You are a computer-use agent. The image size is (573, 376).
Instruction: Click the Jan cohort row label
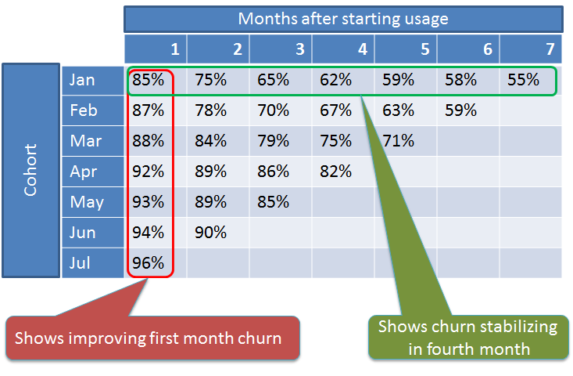(82, 80)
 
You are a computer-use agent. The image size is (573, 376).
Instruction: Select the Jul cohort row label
(80, 263)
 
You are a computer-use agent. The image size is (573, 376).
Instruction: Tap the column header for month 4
(362, 49)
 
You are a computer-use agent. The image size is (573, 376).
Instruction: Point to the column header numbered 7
(550, 49)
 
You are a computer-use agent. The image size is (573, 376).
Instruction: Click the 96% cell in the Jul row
(148, 263)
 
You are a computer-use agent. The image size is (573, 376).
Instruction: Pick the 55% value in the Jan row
(523, 80)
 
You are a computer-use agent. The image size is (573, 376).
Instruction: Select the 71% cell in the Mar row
(398, 140)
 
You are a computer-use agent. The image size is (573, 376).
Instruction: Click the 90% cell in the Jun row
(210, 233)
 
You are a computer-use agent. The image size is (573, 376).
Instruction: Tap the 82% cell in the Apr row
(335, 172)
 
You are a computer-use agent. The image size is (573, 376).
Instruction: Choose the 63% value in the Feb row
(398, 110)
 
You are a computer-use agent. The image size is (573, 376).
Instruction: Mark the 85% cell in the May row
(273, 202)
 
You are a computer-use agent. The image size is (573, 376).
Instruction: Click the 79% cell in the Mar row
(273, 140)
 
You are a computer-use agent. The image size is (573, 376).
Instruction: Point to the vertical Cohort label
(30, 170)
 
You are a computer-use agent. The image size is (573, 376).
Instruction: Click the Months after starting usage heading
(343, 19)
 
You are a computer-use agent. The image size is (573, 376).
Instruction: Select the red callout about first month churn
(152, 338)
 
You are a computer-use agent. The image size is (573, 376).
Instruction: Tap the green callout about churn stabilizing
(468, 337)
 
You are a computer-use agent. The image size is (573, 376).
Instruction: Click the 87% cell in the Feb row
(148, 110)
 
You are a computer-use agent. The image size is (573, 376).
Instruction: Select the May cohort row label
(87, 202)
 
